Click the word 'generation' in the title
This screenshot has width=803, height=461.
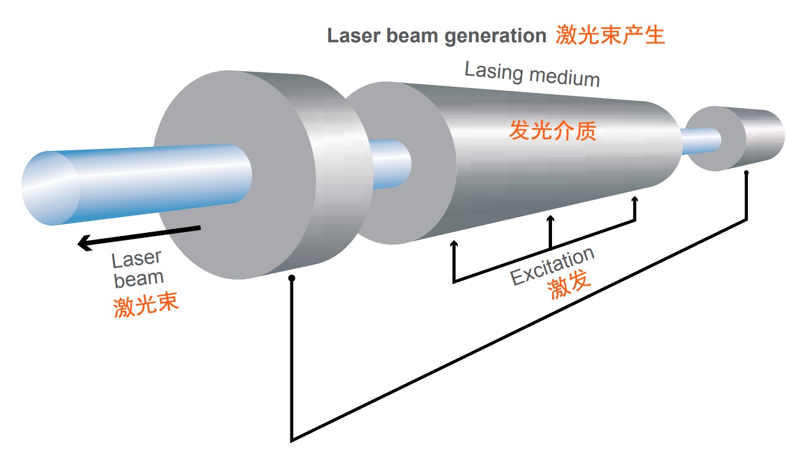[495, 36]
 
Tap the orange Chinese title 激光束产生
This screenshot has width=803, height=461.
[610, 35]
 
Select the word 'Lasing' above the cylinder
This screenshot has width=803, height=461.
[494, 71]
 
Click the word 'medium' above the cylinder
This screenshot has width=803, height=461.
[565, 77]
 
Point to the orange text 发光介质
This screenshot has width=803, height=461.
[553, 130]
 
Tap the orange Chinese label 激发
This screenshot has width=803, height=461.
[569, 285]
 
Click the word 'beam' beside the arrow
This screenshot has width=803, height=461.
[139, 279]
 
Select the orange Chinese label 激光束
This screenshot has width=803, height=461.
[146, 305]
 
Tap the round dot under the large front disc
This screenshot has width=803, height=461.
[292, 278]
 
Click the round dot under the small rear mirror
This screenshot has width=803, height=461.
[746, 173]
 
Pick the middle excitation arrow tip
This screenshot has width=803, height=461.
[550, 217]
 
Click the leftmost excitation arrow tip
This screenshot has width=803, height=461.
[454, 242]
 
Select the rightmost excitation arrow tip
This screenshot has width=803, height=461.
[635, 198]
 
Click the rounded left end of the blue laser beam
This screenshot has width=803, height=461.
[50, 188]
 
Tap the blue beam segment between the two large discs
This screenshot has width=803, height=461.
[390, 164]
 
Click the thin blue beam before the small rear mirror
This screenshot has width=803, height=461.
[700, 141]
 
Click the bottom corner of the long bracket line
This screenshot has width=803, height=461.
[292, 440]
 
